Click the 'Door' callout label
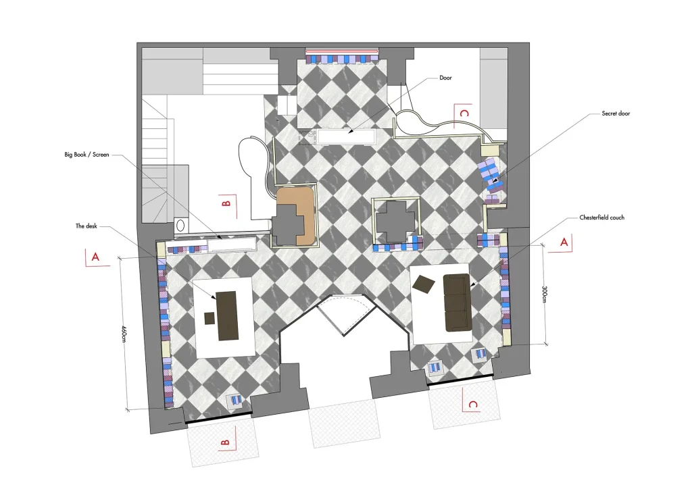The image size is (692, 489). click(x=445, y=78)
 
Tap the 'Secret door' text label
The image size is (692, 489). click(x=616, y=113)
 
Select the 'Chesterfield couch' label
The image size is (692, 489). click(x=601, y=218)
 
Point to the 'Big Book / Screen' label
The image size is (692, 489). click(x=86, y=155)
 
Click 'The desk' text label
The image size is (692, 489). click(x=86, y=226)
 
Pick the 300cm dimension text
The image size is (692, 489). click(x=544, y=294)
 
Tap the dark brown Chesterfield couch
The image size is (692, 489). click(x=458, y=302)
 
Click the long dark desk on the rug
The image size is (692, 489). click(x=227, y=315)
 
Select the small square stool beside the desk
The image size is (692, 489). click(x=209, y=318)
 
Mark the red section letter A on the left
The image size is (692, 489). click(x=95, y=257)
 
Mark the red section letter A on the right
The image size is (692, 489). click(x=564, y=242)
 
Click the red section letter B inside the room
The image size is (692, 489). click(x=226, y=203)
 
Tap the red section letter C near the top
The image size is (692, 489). click(x=464, y=113)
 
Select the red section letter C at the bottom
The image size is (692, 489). click(x=472, y=405)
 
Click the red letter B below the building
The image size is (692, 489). click(x=224, y=442)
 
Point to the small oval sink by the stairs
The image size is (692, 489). click(x=180, y=226)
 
